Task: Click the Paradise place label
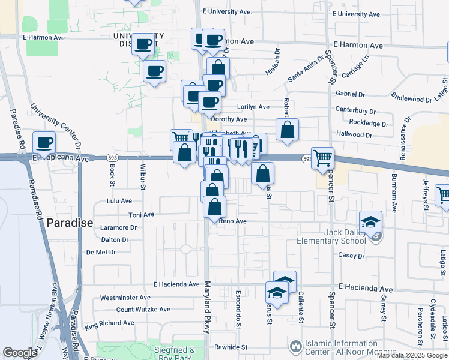70,223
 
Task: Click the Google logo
20,353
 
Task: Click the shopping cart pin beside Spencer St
323,158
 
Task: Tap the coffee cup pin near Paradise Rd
44,143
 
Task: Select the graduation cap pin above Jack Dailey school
370,221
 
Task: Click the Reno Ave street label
233,221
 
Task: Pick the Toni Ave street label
141,214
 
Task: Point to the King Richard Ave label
109,324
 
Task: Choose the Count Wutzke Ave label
143,310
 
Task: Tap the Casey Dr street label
348,255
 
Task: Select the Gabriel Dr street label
351,94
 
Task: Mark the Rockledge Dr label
369,123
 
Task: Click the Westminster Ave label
125,297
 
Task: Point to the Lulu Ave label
118,201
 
